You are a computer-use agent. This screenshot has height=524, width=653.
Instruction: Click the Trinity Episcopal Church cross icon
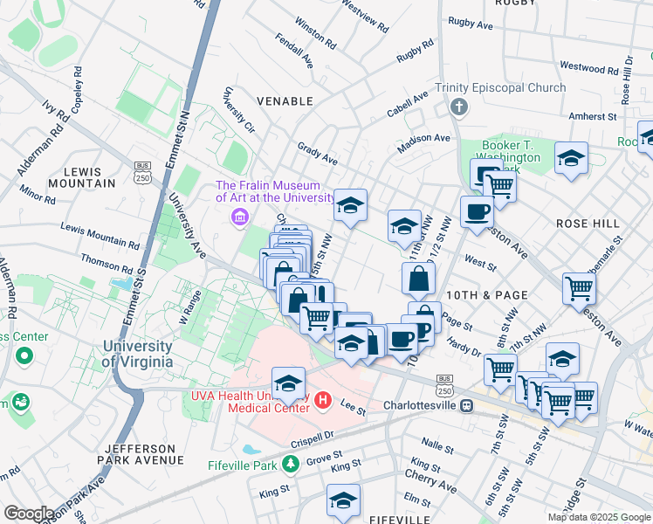(458, 107)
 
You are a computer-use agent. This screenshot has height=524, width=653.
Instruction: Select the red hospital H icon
(323, 400)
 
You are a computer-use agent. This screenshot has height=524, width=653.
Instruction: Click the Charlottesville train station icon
(467, 405)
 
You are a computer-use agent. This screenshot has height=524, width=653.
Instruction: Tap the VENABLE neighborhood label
(284, 101)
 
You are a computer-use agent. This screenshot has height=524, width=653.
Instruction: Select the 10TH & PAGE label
(488, 295)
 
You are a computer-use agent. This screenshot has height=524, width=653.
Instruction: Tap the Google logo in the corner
(29, 514)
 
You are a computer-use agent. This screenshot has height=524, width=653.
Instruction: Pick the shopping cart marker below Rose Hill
(580, 287)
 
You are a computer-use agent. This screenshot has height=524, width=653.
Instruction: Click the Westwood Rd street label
(588, 66)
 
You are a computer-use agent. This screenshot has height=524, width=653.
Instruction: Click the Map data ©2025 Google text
(598, 517)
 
